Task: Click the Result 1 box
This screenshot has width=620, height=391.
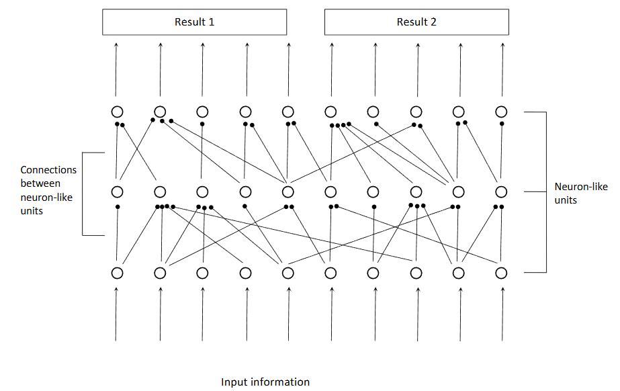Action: (194, 21)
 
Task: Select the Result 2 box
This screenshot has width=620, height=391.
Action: (416, 21)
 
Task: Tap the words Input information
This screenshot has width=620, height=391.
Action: (265, 382)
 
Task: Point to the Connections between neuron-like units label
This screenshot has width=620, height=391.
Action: (48, 190)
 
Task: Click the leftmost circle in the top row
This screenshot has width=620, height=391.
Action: (117, 112)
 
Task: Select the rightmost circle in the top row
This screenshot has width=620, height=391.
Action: (501, 112)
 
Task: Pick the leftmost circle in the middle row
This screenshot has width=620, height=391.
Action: (117, 192)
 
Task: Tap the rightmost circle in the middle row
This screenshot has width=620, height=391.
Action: (501, 192)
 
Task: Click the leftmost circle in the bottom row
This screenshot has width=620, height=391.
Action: (117, 273)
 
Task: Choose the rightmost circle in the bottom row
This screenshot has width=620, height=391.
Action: (501, 273)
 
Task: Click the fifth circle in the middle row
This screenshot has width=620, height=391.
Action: (288, 192)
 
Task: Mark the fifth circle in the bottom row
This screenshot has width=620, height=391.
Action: (288, 273)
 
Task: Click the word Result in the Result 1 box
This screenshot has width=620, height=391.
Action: (189, 21)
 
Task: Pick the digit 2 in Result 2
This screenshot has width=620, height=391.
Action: (433, 21)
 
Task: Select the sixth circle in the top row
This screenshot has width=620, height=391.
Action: (330, 112)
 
